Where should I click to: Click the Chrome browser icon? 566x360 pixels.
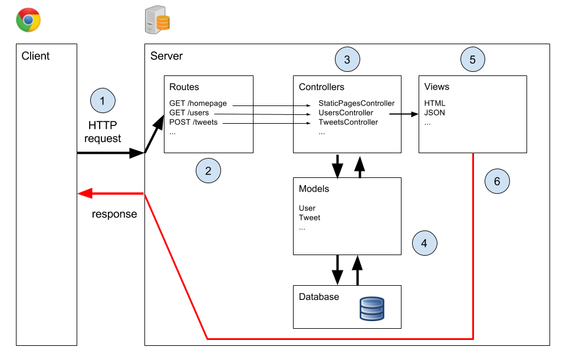coord(28,20)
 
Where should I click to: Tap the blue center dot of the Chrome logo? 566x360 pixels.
coord(28,20)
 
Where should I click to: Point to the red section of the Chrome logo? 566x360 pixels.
coord(28,12)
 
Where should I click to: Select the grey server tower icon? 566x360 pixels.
coord(153,21)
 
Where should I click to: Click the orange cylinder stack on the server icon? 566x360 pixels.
coord(163,24)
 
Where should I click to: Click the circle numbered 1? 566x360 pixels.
coord(103,101)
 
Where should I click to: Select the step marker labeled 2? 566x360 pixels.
coord(208,171)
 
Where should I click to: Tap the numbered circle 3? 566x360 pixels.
coord(347,60)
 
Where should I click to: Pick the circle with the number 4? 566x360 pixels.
coord(424,243)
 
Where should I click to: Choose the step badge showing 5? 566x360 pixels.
coord(473,60)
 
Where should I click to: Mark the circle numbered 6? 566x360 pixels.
coord(497,181)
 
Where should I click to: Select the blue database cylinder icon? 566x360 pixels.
coord(372,309)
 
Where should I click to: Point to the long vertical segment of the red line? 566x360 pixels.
coord(473,247)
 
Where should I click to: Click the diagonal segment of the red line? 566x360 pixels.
coord(176,266)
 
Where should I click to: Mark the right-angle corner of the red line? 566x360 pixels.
coord(473,339)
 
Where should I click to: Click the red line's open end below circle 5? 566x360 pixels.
coord(473,154)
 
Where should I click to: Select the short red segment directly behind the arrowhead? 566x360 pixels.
coord(119,193)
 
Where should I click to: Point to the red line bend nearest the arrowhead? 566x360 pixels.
coord(144,194)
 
